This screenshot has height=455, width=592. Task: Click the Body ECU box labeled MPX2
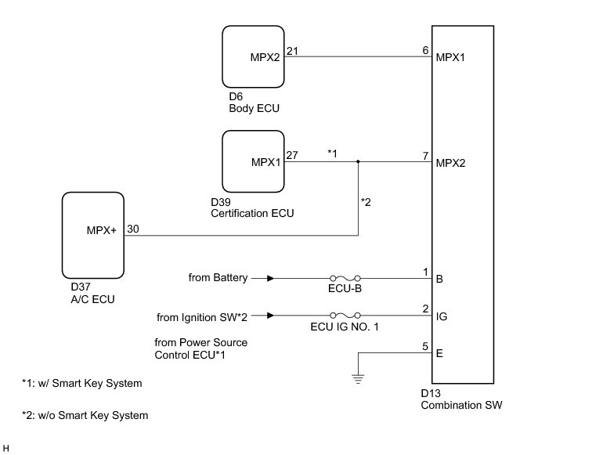[254, 57]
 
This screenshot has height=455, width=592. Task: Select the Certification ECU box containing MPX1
[254, 162]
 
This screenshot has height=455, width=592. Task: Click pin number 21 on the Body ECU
[293, 50]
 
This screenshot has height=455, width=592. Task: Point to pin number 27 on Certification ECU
[293, 155]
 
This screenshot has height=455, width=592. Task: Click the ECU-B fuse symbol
[345, 278]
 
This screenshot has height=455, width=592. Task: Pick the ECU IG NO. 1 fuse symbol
[345, 316]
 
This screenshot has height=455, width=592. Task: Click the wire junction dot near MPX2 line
[358, 162]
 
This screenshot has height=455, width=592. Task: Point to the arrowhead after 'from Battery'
[269, 278]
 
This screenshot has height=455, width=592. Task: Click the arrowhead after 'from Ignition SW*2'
[269, 316]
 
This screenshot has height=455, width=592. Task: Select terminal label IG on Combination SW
[440, 316]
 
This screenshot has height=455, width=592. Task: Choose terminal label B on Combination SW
[439, 278]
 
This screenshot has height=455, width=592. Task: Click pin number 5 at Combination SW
[425, 345]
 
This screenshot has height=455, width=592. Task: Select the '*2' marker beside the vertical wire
[366, 202]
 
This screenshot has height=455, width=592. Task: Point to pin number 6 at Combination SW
[425, 50]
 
